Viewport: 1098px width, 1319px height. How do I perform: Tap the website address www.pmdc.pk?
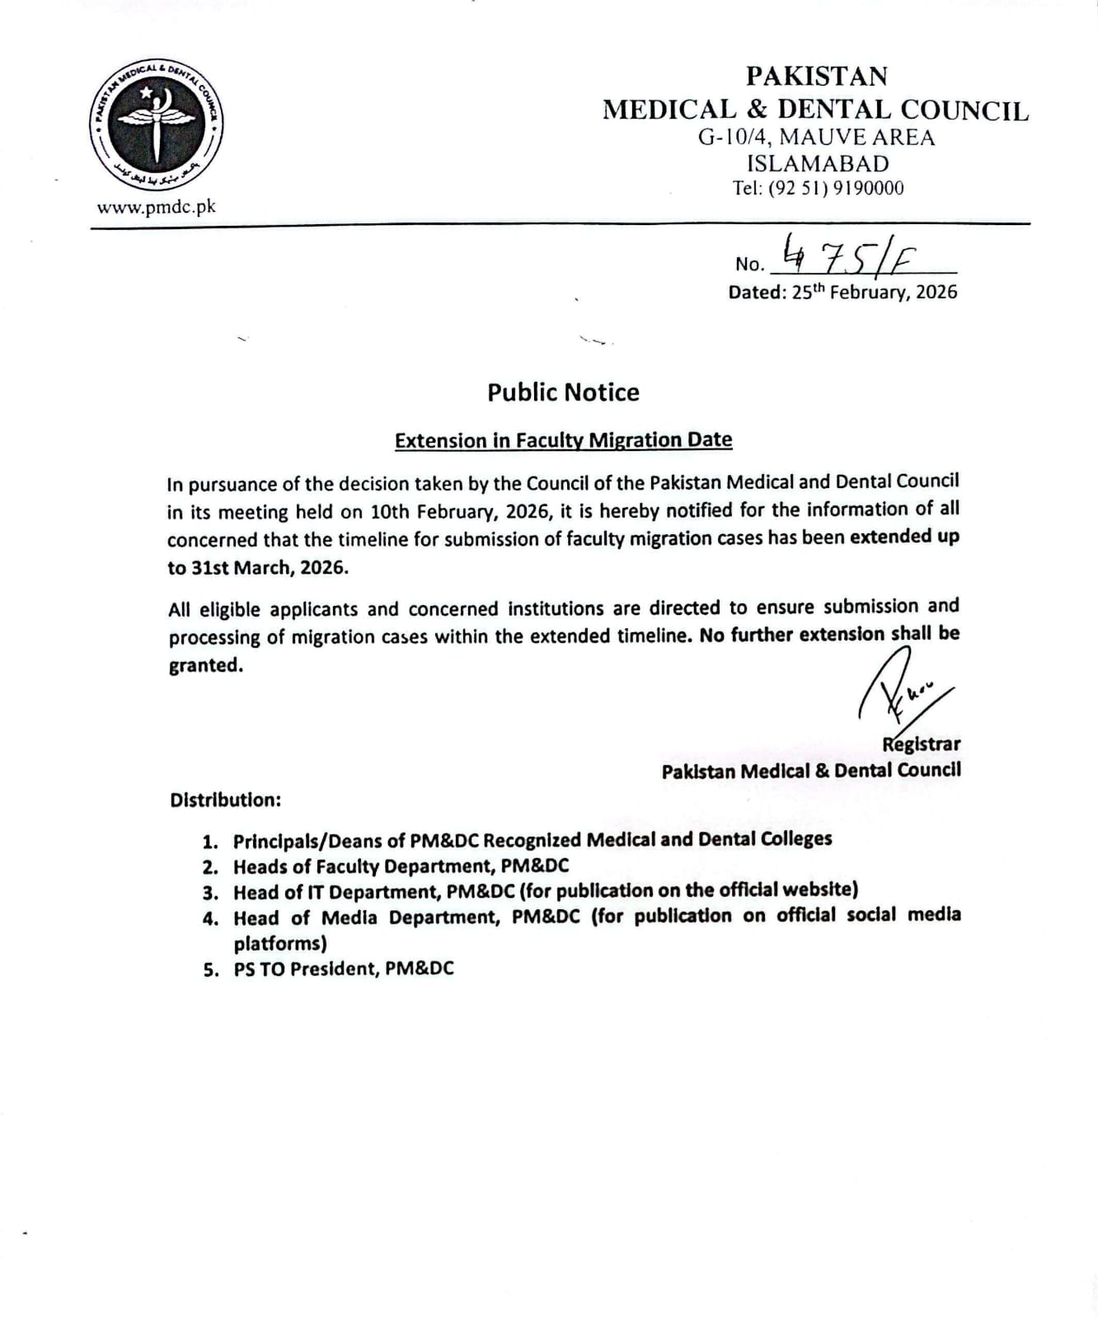click(x=156, y=207)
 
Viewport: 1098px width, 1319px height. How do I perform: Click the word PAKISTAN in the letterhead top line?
click(x=816, y=76)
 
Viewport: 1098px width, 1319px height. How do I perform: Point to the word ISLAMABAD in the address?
click(x=817, y=163)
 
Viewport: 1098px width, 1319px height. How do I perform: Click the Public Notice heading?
click(x=563, y=392)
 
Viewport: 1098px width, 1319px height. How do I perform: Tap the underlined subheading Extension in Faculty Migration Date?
click(x=563, y=440)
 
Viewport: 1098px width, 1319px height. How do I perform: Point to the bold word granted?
click(x=205, y=665)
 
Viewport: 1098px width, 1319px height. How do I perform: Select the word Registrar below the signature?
click(x=921, y=744)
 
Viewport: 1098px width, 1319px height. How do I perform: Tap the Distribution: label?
click(x=225, y=800)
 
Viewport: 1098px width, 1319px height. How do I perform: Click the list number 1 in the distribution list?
click(x=211, y=842)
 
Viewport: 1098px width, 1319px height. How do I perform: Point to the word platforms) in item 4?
click(x=280, y=943)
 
